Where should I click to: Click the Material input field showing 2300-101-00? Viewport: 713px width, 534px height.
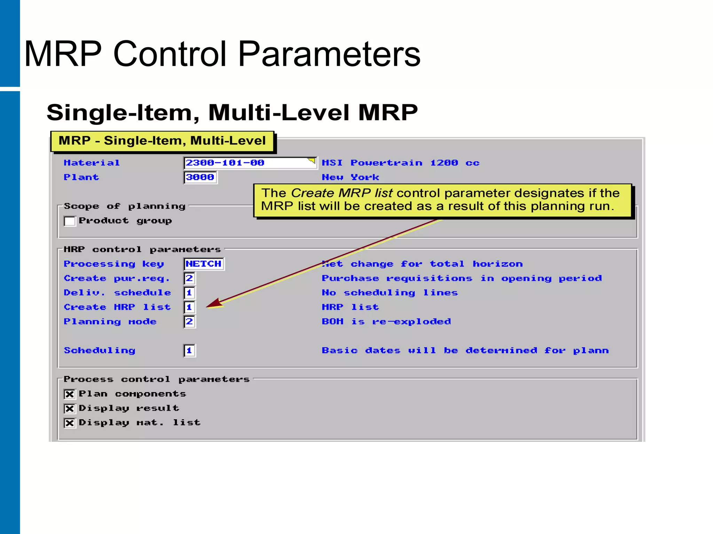(249, 163)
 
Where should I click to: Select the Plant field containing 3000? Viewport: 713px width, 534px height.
(200, 177)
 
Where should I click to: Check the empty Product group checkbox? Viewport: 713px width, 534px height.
(70, 221)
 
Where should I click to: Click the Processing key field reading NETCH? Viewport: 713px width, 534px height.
(204, 264)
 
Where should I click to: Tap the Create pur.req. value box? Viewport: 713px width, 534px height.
(189, 278)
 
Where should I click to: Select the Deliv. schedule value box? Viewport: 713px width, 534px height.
(189, 293)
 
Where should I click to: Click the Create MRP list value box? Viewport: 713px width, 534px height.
(189, 307)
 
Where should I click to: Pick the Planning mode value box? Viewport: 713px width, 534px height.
(189, 322)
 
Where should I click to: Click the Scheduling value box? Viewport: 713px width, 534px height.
(189, 350)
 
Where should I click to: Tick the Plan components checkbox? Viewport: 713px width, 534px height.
(70, 394)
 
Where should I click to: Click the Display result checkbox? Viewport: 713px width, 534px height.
(70, 408)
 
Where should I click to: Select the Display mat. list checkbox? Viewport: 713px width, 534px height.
(70, 423)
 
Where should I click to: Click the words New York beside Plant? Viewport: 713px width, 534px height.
(350, 177)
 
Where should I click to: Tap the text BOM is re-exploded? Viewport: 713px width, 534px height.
(386, 322)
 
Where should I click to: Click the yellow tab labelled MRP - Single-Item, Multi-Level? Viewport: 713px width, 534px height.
(162, 141)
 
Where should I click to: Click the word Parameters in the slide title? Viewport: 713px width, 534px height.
(329, 54)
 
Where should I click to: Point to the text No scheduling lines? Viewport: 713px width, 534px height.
(390, 293)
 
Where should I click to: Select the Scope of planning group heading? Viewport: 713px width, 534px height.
(125, 206)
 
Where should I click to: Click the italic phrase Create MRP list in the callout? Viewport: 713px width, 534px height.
(342, 193)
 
